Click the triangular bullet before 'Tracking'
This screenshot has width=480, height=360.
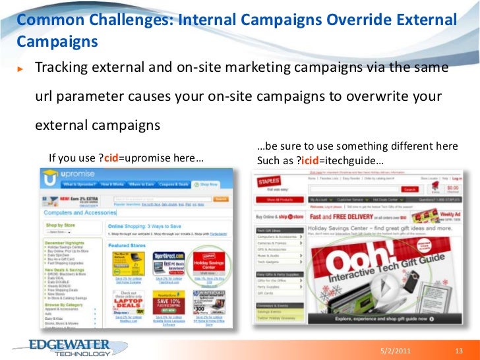(20, 69)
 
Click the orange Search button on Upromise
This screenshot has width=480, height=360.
(221, 198)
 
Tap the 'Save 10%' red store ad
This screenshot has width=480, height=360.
(168, 301)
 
